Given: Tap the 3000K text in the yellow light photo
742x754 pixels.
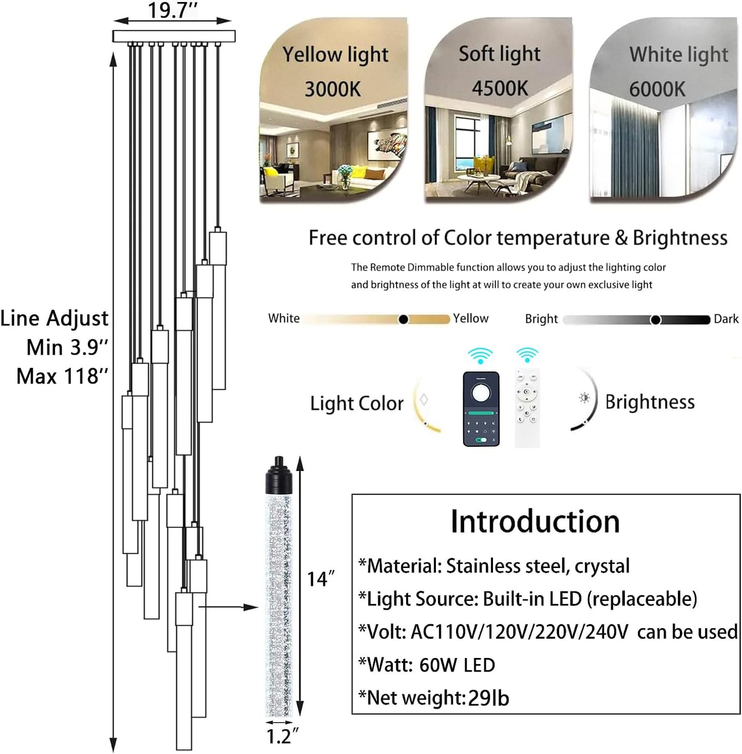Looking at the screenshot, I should pos(333,89).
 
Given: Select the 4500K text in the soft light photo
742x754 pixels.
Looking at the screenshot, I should pos(500,88).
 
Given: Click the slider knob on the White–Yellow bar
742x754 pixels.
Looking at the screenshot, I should pos(404,319).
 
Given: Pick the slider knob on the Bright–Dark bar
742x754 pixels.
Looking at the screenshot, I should pos(655,320).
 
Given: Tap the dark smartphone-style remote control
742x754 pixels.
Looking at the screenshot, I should pos(481,408).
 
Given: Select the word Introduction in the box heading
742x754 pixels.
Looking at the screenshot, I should pos(535,521).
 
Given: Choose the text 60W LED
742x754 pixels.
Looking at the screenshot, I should pos(457,665).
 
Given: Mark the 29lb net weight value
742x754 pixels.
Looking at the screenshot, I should pos(488,698).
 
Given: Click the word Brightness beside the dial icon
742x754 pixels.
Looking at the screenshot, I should pos(650,402).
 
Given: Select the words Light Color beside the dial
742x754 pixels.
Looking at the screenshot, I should pos(357,403).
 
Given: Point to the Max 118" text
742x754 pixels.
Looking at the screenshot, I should pos(63,376).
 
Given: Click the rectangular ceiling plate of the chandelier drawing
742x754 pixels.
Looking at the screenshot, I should pos(174,36).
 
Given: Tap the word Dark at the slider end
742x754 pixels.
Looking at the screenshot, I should pos(726,319).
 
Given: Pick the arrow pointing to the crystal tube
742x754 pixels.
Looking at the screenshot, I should pos(229,608).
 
